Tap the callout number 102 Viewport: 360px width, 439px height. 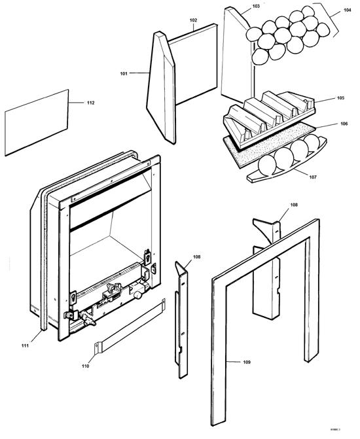[194, 20]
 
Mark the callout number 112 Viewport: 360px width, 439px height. [90, 103]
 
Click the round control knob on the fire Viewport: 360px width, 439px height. [139, 296]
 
